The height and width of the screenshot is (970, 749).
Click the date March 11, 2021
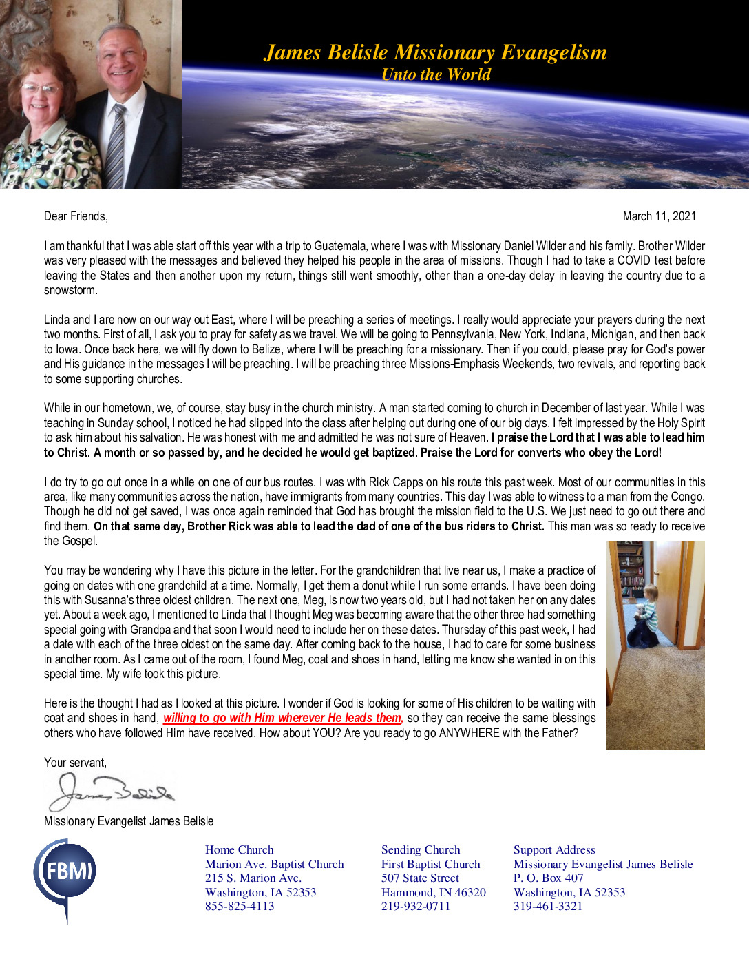[659, 216]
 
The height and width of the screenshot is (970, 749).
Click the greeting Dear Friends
[76, 216]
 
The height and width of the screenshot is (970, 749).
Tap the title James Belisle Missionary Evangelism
[435, 52]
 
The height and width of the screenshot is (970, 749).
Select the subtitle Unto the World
[436, 74]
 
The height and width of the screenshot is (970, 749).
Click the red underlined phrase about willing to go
[282, 718]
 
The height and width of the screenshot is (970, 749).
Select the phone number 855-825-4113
[240, 907]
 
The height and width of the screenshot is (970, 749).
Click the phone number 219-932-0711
[416, 907]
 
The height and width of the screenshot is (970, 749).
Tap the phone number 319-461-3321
[548, 907]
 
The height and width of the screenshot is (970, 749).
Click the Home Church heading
[240, 850]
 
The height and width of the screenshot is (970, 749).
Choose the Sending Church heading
[421, 850]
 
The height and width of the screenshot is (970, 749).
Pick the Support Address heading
[554, 850]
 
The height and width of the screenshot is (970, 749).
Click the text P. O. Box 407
[548, 878]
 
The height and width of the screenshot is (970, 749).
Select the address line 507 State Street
[420, 878]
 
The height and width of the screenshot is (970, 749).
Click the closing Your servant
[75, 763]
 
